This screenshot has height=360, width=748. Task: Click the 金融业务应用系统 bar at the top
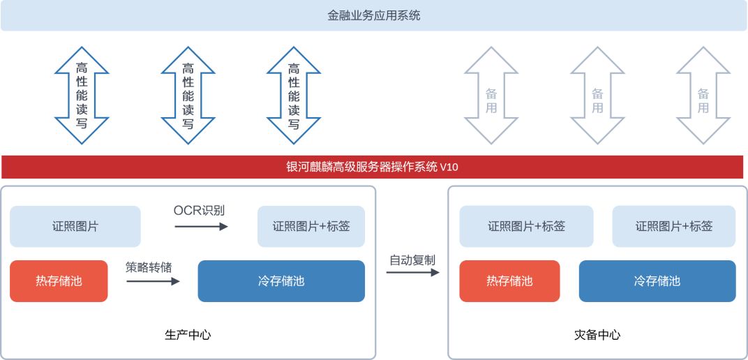pos(373,16)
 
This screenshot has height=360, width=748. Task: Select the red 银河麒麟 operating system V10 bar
pos(373,167)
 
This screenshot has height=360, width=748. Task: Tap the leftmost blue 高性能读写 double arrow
pos(82,96)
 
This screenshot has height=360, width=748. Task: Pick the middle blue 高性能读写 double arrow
pos(188,96)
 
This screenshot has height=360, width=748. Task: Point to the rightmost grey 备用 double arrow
pos(703,96)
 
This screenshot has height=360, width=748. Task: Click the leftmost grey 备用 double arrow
pos(491,96)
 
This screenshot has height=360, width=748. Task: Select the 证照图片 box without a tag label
pos(75,227)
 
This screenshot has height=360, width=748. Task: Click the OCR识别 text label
pos(199,210)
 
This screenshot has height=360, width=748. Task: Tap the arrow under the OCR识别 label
pos(202,227)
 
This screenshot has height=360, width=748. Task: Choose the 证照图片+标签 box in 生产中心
pos(311,227)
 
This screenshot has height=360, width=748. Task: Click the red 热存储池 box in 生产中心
pos(59,281)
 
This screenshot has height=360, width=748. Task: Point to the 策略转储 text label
pos(149,267)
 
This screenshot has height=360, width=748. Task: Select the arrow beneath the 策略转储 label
pos(153,281)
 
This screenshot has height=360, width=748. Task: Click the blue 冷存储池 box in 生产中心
pos(281,281)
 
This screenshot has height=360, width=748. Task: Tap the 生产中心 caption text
pos(188,335)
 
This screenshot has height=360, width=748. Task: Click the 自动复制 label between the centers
pos(412,260)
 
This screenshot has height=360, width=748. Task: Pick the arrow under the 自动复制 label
pos(412,272)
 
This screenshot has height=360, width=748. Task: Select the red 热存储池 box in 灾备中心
pos(509,281)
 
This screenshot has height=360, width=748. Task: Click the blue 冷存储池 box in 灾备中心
pos(657,281)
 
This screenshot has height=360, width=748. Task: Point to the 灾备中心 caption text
pos(597,335)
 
